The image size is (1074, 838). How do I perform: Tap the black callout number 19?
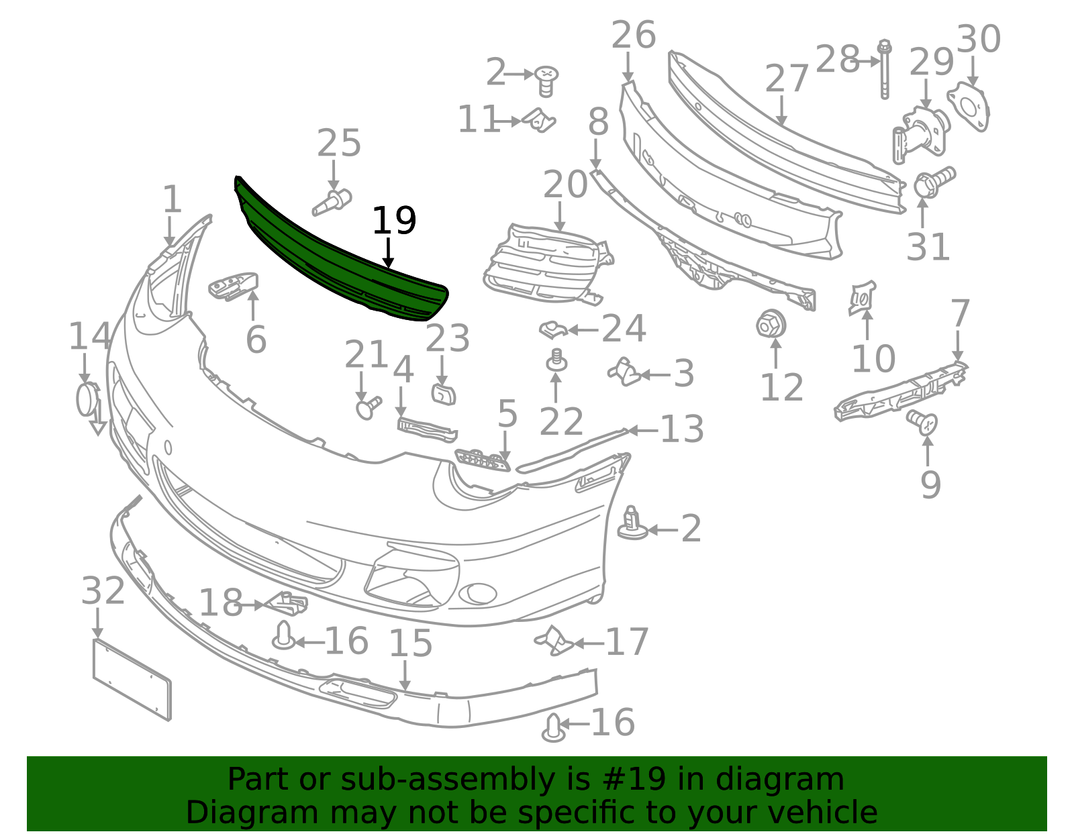pos(394,221)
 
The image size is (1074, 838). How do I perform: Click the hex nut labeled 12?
pos(771,325)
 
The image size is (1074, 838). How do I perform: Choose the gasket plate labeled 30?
pos(968,107)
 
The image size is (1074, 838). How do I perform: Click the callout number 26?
pos(634,35)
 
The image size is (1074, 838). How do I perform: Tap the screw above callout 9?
pos(922,422)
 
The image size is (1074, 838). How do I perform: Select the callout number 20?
pos(565,185)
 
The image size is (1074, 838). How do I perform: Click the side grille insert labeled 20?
pos(548,264)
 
